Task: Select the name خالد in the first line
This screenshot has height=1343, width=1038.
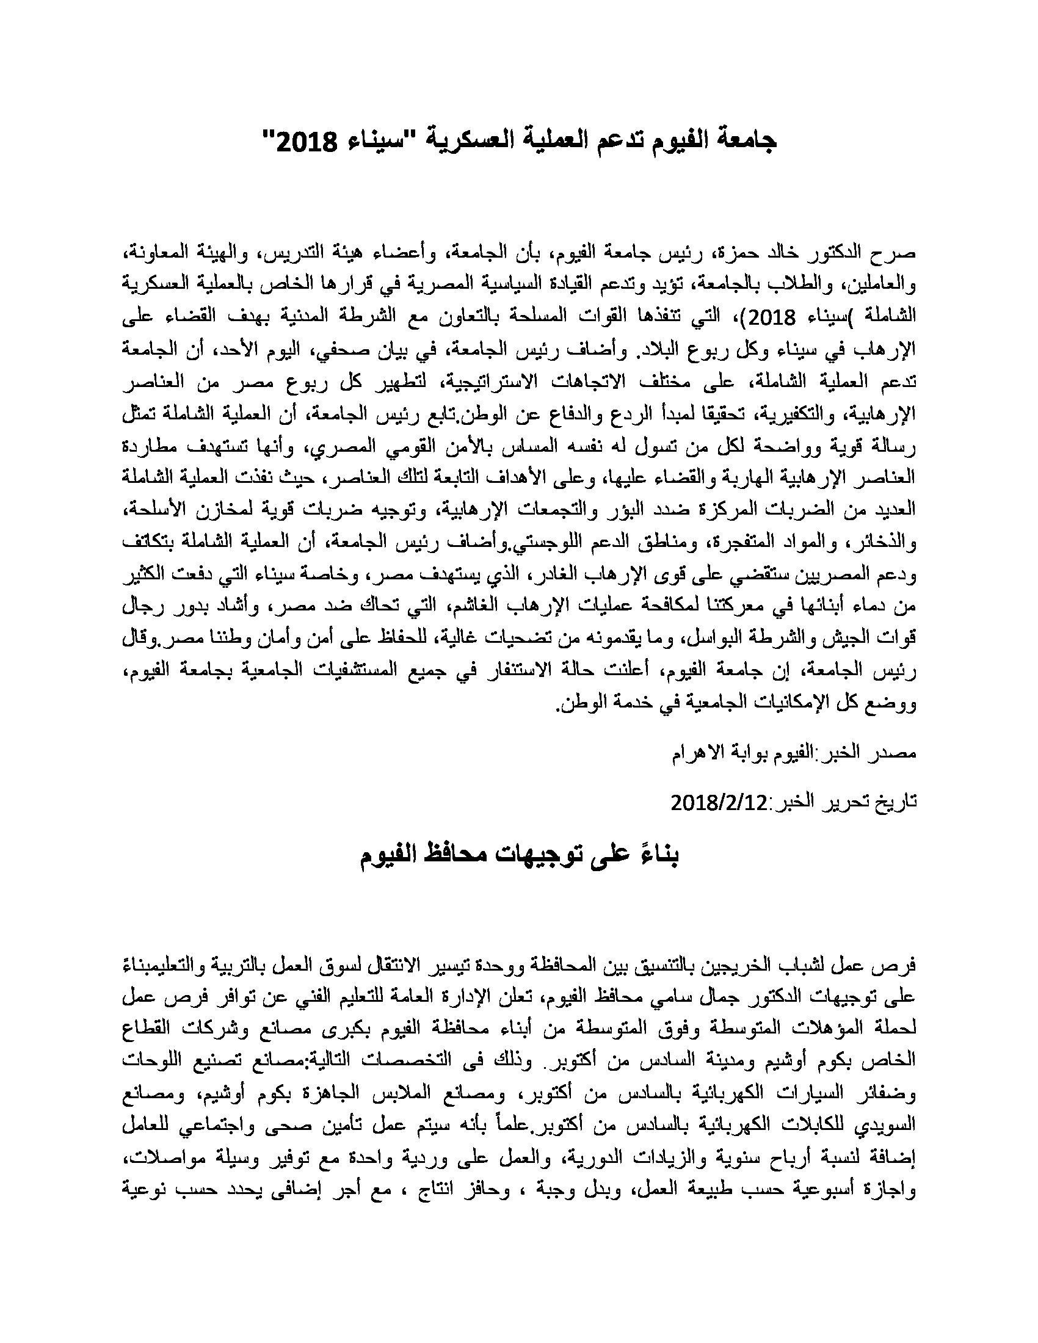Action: [789, 253]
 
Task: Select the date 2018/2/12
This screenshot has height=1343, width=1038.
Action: [720, 803]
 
